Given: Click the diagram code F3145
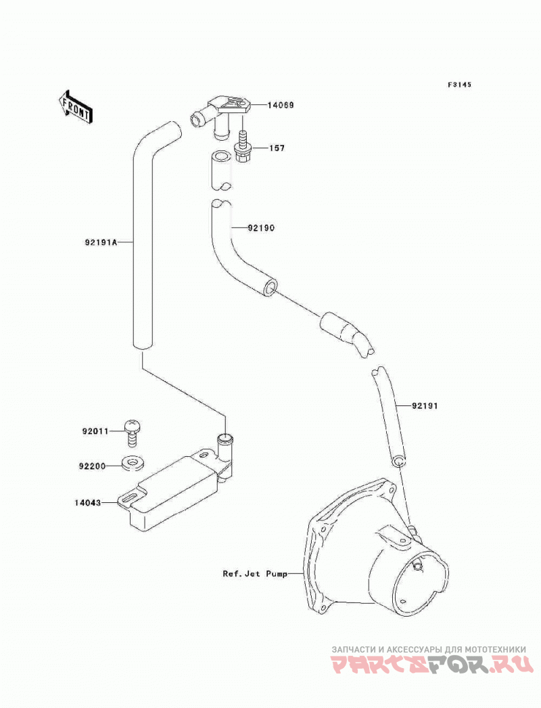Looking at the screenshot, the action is point(459,85).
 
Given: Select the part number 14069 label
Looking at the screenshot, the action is point(280,105).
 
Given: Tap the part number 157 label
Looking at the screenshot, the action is point(277,148).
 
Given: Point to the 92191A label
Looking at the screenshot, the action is point(100,242).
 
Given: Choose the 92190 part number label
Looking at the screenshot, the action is point(261,228).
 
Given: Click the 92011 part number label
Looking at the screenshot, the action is point(95,431).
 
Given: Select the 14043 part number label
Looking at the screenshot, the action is point(88,502).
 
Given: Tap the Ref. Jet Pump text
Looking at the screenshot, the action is point(255,575).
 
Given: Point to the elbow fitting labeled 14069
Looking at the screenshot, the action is point(220,115).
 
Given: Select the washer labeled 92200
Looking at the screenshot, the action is point(132,463).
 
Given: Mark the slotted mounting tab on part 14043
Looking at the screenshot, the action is point(129,498).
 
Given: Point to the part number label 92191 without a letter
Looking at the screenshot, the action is point(425,406).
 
